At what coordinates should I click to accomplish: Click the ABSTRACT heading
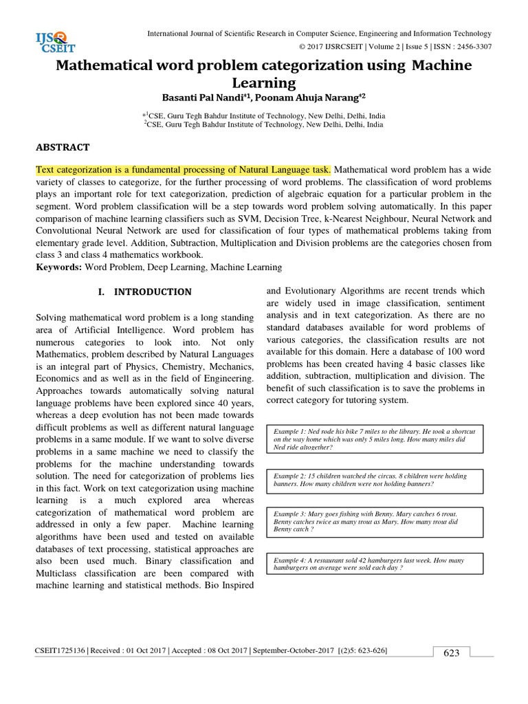tap(63, 147)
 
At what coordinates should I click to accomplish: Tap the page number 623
tap(451, 653)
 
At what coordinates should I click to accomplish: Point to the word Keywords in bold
tap(58, 267)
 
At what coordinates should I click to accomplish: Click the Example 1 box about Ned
tap(378, 438)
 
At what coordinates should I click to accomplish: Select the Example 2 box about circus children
tap(378, 480)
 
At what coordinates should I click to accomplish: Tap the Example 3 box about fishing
tap(378, 521)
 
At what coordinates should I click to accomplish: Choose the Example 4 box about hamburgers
tap(378, 564)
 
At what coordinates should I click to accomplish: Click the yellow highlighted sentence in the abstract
tap(184, 170)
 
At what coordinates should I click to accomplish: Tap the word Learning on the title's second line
tap(263, 83)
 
